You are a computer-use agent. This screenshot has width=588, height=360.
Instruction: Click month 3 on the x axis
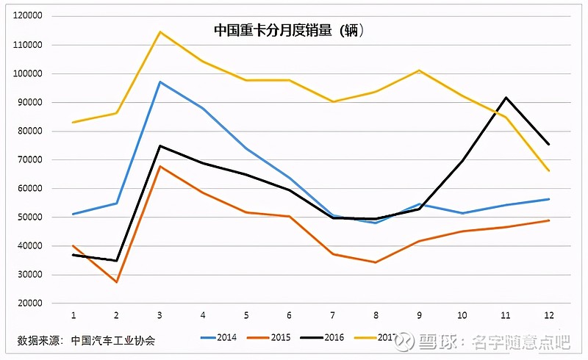159,315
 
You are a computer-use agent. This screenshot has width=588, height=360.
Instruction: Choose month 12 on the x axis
548,315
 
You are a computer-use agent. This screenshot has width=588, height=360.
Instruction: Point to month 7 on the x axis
332,315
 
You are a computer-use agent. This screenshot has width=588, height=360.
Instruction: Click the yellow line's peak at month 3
159,32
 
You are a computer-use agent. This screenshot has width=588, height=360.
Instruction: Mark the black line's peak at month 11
506,97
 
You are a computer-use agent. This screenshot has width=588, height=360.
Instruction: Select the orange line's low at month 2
116,282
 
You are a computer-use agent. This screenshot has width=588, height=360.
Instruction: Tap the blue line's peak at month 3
159,82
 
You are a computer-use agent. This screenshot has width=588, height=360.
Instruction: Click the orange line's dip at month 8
376,262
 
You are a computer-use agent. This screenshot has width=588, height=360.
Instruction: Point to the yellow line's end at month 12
548,171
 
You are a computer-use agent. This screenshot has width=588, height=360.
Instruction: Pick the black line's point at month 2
116,261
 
